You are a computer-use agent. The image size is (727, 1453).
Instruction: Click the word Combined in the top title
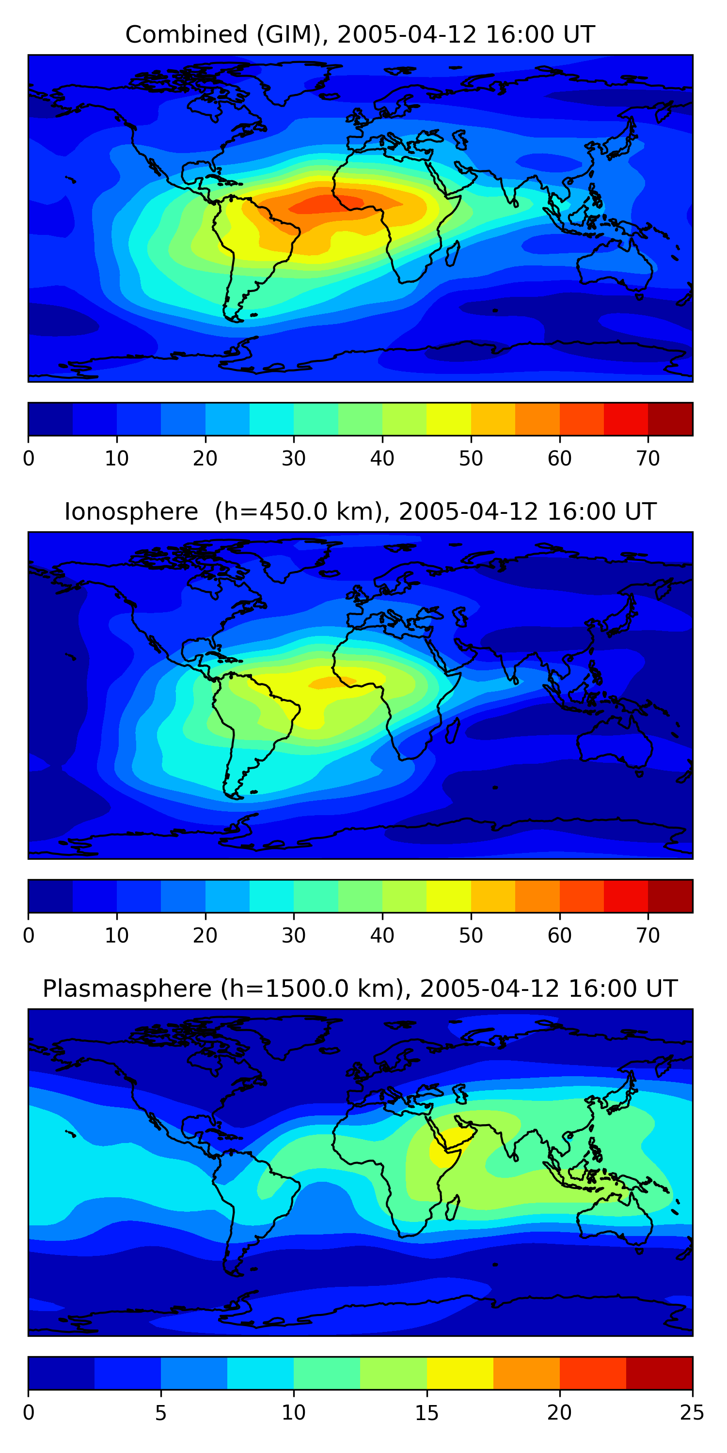coord(186,34)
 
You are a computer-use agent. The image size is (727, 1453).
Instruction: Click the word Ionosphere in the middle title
coord(131,511)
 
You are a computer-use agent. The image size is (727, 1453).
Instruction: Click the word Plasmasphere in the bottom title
coord(126,989)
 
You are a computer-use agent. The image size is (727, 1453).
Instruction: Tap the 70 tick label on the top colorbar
coord(648,459)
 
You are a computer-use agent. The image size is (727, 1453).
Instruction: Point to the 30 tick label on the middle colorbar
coord(294,936)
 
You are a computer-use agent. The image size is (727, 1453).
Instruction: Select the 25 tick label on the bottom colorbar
coord(692,1413)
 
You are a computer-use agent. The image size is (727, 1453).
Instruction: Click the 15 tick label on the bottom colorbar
coord(426,1413)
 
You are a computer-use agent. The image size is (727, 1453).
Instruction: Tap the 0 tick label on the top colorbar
coord(29,459)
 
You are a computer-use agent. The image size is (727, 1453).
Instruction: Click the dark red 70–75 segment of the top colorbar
coord(670,419)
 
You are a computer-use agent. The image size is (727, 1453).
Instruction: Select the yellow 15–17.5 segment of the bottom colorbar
coord(459,1374)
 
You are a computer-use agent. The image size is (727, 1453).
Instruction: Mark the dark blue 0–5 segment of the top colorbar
coord(50,419)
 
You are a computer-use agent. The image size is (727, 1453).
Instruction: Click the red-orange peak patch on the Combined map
coord(327,203)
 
